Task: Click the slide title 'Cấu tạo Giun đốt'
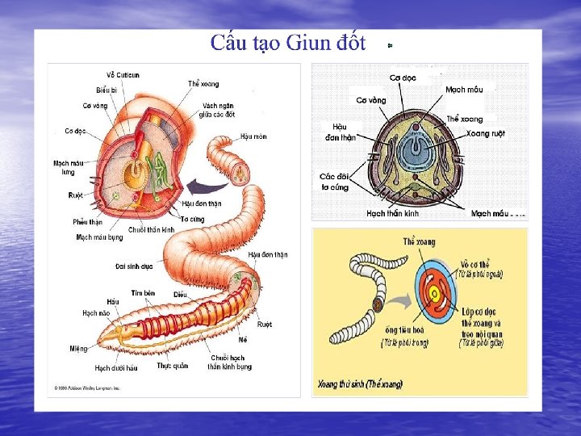(x=288, y=43)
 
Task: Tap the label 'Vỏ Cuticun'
(x=123, y=75)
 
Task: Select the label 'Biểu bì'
(x=107, y=90)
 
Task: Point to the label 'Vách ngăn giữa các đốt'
(x=219, y=110)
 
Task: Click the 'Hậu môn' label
(x=253, y=136)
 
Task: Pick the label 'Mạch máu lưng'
(x=67, y=167)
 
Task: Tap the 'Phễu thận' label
(x=87, y=222)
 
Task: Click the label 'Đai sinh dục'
(x=134, y=266)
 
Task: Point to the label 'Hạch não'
(x=96, y=312)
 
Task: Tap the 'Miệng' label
(x=78, y=349)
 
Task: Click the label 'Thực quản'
(x=172, y=366)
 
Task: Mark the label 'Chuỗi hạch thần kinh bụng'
(x=229, y=362)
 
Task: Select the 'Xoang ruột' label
(x=486, y=133)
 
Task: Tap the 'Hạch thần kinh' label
(x=392, y=214)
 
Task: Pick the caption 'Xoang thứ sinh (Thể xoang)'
(x=360, y=384)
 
